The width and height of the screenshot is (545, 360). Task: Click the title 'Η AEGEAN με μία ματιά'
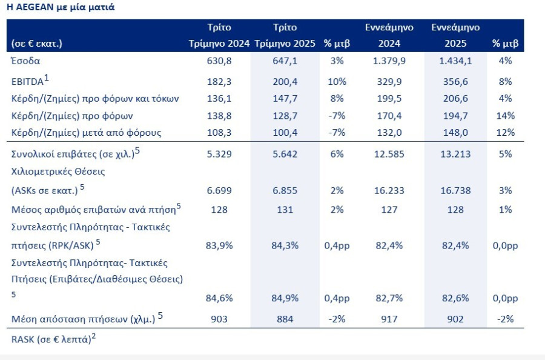(61, 7)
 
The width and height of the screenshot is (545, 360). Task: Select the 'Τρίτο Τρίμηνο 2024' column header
(219, 35)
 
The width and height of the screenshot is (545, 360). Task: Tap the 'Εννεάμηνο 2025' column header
(455, 35)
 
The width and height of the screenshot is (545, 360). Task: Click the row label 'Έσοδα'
(25, 61)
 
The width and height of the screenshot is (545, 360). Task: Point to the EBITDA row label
(30, 81)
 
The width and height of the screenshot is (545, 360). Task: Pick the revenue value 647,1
(285, 61)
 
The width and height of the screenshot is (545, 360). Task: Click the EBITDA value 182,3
(219, 82)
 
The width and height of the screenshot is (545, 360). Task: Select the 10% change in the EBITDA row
(337, 82)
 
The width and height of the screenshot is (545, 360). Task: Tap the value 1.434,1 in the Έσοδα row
(455, 61)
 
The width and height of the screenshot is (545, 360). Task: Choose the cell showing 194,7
(455, 116)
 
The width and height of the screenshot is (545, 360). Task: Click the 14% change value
(506, 116)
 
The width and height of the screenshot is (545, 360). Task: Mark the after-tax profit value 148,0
(455, 133)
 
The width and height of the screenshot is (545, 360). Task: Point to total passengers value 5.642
(285, 154)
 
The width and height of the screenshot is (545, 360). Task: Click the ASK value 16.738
(455, 191)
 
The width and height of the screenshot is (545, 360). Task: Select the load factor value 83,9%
(219, 245)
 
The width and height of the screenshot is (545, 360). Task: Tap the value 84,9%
(285, 298)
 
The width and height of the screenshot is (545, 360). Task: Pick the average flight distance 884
(285, 319)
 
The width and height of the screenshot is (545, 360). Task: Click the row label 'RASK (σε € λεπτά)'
(53, 338)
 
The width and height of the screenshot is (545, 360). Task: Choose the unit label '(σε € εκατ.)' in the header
(37, 44)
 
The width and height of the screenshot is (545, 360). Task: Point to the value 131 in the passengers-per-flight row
(285, 210)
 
